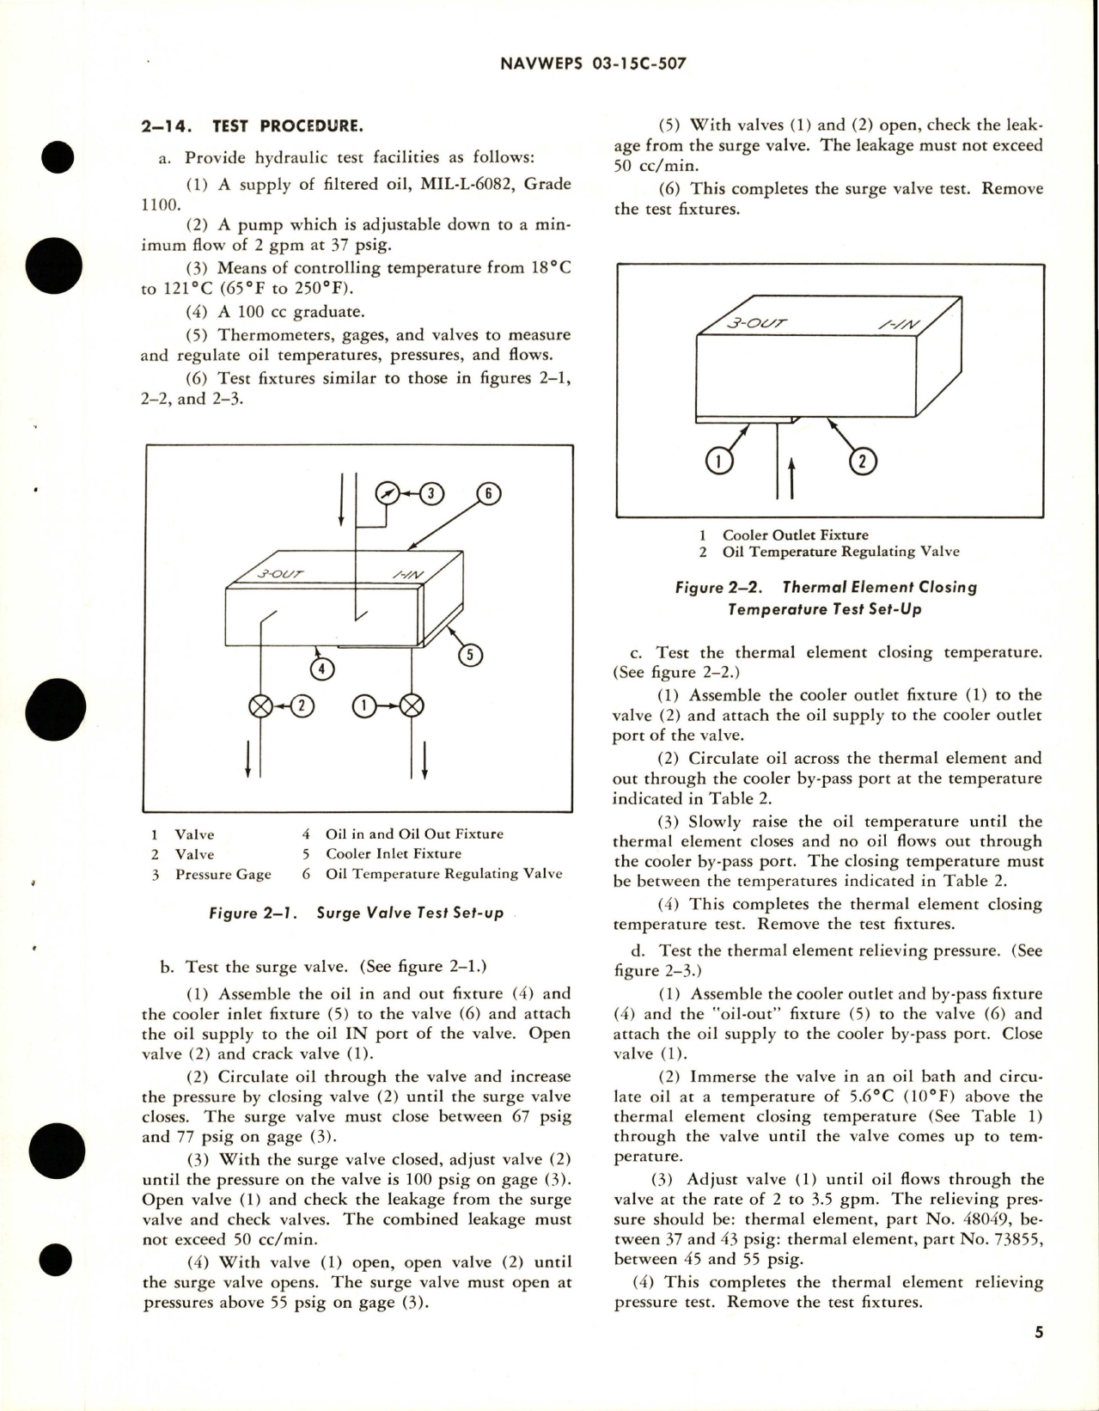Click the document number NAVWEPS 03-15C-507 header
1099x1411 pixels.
pos(592,64)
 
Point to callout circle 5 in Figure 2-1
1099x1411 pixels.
pos(470,655)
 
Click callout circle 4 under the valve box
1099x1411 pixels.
pos(322,668)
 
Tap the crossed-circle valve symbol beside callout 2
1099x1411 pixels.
pos(260,706)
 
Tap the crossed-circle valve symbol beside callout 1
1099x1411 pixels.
pos(412,706)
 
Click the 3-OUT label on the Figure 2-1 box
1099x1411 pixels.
pos(279,574)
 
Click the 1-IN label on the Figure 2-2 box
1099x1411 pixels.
pos(899,325)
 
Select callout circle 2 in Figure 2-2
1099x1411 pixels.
pos(862,461)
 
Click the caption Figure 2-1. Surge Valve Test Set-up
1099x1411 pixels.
pos(357,913)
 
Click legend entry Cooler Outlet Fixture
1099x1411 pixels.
pos(795,534)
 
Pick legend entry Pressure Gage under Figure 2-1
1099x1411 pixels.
pos(223,874)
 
